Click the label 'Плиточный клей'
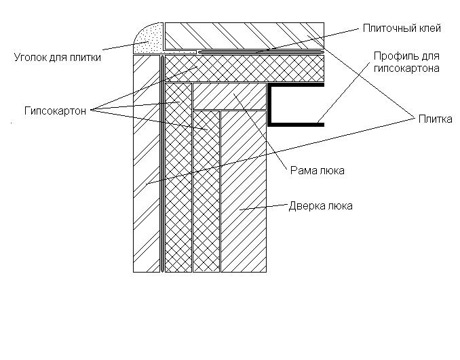(x=402, y=28)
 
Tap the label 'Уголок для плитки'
(x=58, y=57)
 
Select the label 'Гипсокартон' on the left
(x=55, y=111)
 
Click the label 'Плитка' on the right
(x=435, y=119)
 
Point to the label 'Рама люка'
(x=317, y=170)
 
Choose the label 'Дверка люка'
(x=321, y=206)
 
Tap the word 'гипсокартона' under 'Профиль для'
(x=406, y=68)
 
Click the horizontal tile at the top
(x=244, y=35)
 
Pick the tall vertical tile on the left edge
(x=147, y=163)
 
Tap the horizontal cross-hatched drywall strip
(x=244, y=68)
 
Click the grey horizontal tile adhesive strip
(x=261, y=52)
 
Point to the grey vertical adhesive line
(x=162, y=163)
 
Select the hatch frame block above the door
(x=229, y=96)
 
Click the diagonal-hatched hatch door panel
(x=244, y=191)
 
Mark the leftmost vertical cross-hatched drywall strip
(x=178, y=178)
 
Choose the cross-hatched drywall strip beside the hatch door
(x=206, y=191)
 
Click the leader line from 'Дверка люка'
(x=263, y=207)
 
